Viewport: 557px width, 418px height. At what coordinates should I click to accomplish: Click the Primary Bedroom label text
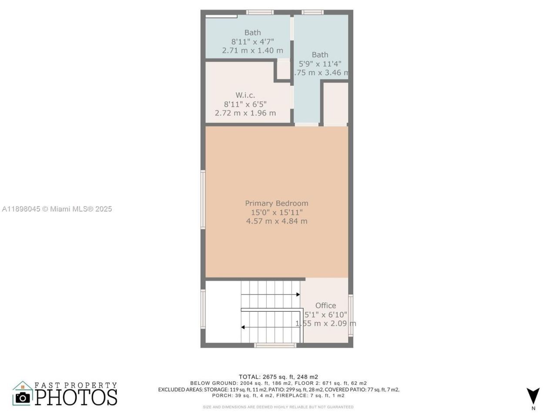(x=276, y=203)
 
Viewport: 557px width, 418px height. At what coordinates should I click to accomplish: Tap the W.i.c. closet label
(x=245, y=95)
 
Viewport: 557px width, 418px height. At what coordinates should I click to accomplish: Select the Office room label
(x=325, y=306)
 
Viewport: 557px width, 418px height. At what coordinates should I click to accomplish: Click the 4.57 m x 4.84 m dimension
(x=276, y=221)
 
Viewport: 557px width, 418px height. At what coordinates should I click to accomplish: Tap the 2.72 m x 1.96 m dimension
(x=245, y=113)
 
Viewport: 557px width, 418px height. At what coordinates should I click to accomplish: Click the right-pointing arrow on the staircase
(x=298, y=295)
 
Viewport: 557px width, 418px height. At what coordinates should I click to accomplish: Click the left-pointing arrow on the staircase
(x=243, y=327)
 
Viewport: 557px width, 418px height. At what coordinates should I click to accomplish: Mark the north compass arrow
(x=533, y=396)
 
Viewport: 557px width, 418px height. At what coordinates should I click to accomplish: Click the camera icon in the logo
(x=23, y=397)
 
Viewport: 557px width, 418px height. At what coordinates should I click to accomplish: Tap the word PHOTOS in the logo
(x=76, y=397)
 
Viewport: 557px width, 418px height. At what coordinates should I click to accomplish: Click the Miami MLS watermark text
(x=57, y=209)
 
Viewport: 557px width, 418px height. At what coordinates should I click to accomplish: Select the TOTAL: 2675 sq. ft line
(x=278, y=377)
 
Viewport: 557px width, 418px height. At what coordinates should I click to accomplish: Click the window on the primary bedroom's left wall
(x=203, y=199)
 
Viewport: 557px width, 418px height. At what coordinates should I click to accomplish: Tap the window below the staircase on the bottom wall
(x=275, y=345)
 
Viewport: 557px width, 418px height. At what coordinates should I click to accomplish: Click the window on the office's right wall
(x=351, y=316)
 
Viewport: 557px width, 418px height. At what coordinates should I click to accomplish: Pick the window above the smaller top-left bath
(x=260, y=12)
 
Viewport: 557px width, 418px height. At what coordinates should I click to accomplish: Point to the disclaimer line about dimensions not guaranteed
(x=278, y=407)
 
